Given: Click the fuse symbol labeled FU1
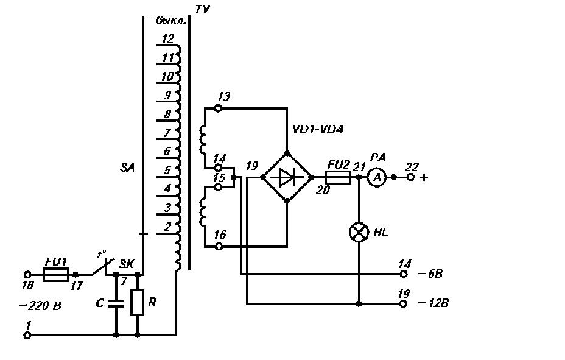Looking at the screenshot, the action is click(x=55, y=275).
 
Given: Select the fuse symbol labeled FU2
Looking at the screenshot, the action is click(x=338, y=177).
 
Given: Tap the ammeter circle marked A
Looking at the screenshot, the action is click(x=376, y=177).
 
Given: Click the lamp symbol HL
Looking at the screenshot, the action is click(x=359, y=232).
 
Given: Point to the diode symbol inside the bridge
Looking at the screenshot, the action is click(x=287, y=177).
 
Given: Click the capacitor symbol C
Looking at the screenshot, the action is click(x=116, y=303).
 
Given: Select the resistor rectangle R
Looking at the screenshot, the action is click(x=137, y=302).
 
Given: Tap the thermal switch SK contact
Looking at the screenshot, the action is click(x=103, y=267).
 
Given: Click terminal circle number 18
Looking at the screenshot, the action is click(x=27, y=275).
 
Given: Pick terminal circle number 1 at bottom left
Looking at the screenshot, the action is click(x=27, y=335).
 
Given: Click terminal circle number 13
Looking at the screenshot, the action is click(x=218, y=108).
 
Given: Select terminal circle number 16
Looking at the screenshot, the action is click(x=218, y=247).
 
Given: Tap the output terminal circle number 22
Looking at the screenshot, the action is click(x=410, y=177).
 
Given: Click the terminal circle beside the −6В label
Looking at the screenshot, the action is click(x=404, y=274).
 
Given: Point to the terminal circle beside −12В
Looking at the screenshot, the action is click(x=404, y=304).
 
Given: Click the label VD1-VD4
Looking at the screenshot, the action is click(x=317, y=129).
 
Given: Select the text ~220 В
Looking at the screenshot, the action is click(x=40, y=306).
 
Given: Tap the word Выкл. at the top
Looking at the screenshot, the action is click(x=171, y=20).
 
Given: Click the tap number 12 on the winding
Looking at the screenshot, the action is click(x=168, y=38).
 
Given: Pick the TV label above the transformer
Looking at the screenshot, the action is click(x=203, y=9).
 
